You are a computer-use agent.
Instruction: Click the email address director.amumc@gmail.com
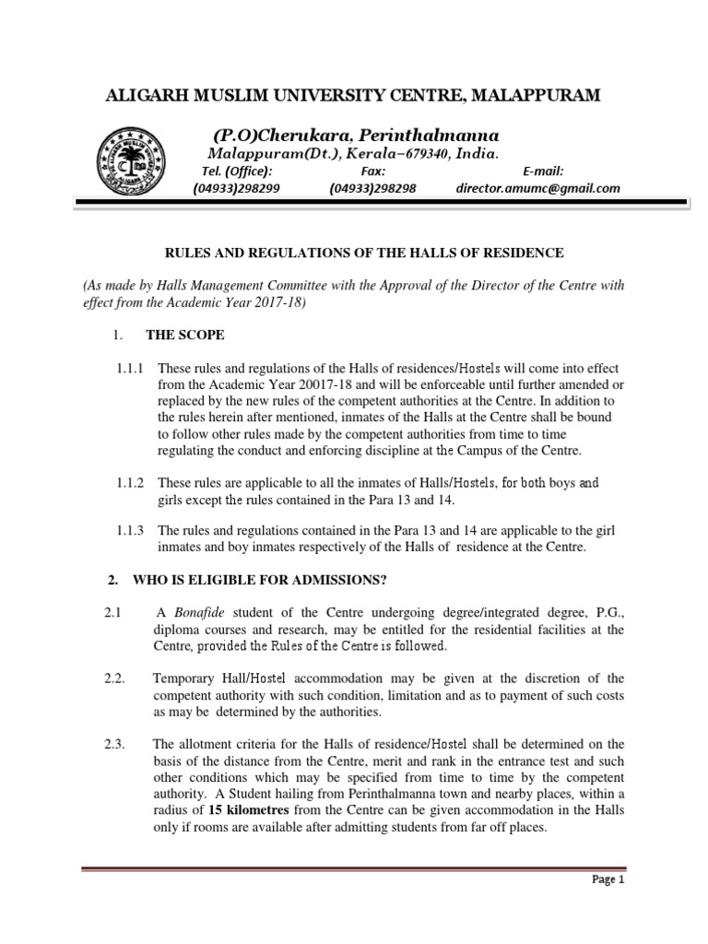(x=537, y=188)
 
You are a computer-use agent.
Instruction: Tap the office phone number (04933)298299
(x=236, y=188)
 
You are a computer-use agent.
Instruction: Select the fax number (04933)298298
(x=372, y=188)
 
